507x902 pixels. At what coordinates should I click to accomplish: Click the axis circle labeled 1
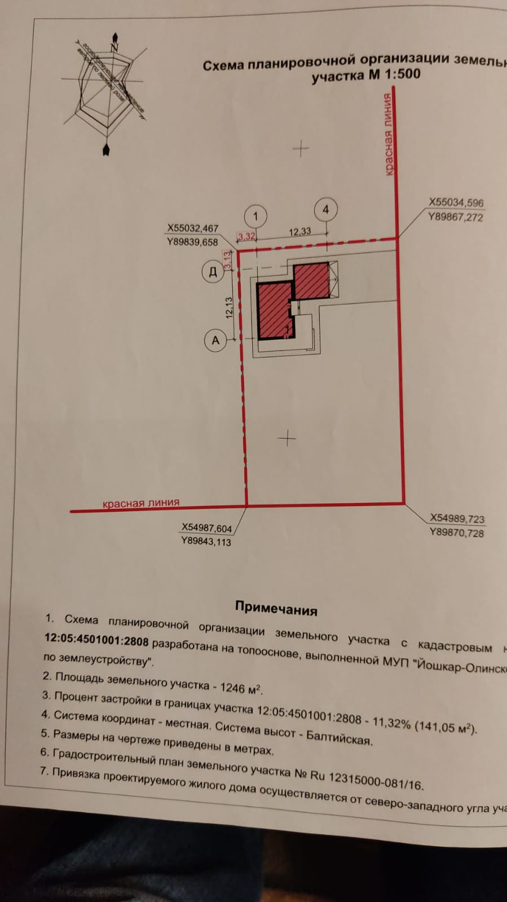tap(255, 216)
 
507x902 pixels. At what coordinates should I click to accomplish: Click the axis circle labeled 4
tap(325, 209)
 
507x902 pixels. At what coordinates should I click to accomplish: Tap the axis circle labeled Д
tap(213, 272)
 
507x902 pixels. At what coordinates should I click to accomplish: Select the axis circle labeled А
tap(215, 341)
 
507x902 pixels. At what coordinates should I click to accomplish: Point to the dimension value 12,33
tap(300, 231)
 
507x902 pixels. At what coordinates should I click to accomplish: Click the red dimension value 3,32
tap(246, 236)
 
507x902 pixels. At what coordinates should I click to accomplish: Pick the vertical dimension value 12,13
tap(229, 308)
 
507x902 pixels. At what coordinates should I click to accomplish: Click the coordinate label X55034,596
tap(456, 203)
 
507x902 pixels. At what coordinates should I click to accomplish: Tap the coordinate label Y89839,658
tap(192, 242)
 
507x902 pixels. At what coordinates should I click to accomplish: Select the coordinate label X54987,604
tap(206, 528)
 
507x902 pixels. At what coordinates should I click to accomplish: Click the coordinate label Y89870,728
tap(456, 533)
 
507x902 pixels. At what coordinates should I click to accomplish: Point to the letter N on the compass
tap(114, 48)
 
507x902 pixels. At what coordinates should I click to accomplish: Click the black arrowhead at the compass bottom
tap(106, 149)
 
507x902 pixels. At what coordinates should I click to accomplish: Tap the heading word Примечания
tap(276, 608)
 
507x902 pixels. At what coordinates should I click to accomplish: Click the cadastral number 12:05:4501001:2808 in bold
tap(96, 640)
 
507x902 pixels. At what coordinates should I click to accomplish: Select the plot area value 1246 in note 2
tap(232, 687)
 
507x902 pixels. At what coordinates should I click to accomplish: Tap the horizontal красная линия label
tap(141, 503)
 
